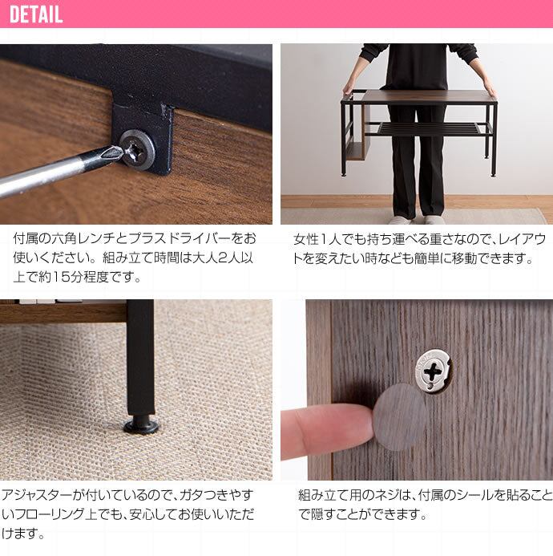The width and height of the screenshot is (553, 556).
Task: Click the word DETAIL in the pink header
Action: pos(36,14)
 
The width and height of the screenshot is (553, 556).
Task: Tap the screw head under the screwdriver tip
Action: pos(137,149)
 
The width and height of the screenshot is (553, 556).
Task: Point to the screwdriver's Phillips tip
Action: pos(116,152)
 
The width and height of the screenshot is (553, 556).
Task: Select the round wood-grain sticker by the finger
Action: pos(400,417)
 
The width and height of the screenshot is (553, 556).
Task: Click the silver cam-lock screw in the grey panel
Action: pos(434,371)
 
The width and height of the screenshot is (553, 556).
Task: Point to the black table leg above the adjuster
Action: pos(140,357)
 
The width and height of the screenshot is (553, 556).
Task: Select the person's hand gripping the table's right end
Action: pos(490,87)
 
